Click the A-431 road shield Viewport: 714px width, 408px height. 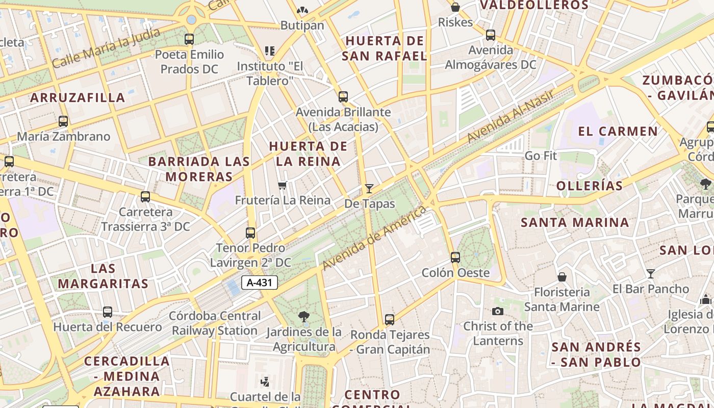260,283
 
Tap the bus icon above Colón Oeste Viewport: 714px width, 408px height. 455,258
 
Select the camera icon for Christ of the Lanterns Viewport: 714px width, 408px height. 498,311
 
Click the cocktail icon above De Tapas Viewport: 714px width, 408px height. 369,188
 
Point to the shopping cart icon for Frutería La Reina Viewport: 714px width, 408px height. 283,185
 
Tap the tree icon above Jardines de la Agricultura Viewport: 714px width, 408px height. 304,317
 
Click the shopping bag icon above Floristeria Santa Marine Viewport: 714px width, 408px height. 562,277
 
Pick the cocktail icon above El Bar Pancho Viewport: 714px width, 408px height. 650,274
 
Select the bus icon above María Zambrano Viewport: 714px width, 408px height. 63,121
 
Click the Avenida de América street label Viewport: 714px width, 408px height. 374,238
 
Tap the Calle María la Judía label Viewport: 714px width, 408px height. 106,48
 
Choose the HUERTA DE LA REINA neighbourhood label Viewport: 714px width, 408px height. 308,154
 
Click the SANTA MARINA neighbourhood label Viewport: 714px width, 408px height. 575,222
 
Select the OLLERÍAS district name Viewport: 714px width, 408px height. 590,186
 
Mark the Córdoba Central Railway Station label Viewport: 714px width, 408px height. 215,323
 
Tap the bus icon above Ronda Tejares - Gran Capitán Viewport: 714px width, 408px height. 390,320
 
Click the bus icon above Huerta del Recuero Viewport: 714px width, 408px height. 108,312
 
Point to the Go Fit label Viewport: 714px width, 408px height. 541,156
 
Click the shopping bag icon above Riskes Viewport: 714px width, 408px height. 455,7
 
